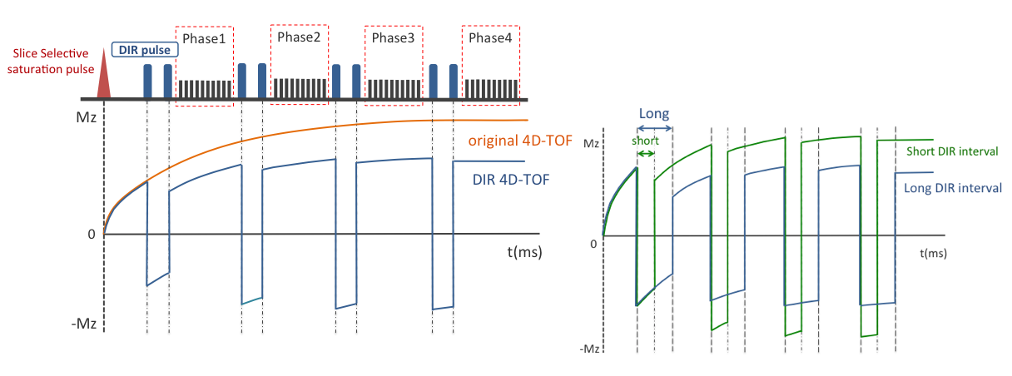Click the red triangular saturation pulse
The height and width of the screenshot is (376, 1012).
tap(104, 77)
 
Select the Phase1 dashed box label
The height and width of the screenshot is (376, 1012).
tap(205, 39)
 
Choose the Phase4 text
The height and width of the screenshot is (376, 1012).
tap(490, 38)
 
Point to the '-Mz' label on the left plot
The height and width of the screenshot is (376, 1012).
tap(83, 324)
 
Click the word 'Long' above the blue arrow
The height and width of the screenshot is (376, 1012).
tap(654, 113)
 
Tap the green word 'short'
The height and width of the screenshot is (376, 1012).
tap(645, 141)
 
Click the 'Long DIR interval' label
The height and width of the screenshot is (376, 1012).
tap(952, 188)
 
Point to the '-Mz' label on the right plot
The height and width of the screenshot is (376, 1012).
tap(588, 349)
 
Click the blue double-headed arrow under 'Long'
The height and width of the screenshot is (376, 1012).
tap(654, 127)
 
